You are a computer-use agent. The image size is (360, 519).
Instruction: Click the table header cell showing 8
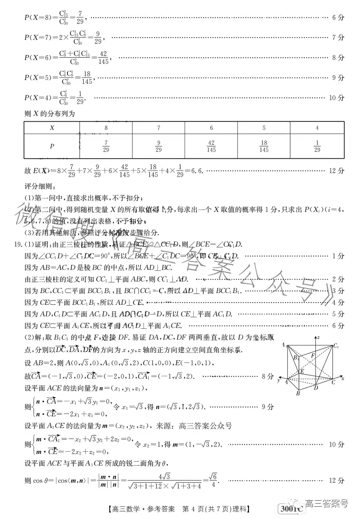106,128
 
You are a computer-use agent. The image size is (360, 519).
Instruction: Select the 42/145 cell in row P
211,146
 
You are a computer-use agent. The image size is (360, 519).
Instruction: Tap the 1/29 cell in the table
317,146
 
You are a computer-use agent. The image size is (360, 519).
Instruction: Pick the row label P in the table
52,146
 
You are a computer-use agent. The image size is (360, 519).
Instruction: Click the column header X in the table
52,128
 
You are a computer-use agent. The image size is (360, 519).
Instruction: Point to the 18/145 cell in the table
264,146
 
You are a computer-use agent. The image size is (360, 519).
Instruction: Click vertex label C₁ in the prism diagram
336,346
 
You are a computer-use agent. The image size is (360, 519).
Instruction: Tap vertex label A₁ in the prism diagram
284,345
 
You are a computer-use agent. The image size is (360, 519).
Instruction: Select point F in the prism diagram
313,356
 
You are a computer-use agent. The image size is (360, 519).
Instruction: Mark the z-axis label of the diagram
332,337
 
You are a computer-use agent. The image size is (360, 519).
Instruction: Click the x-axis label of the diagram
343,378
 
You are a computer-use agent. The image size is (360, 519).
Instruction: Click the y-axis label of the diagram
278,380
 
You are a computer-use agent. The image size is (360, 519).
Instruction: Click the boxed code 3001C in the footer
290,509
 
